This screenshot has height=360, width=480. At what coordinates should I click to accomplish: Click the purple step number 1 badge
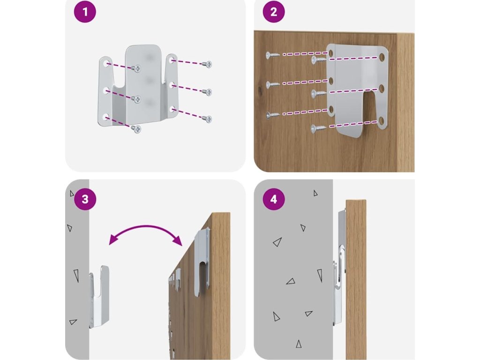coord(84,12)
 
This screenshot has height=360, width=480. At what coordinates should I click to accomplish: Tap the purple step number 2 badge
coord(274,12)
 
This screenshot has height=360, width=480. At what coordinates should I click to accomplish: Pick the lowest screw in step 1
coord(136,128)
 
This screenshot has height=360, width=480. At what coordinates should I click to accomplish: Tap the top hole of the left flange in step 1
coord(107,64)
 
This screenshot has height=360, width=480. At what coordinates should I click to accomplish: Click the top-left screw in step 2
coord(271,55)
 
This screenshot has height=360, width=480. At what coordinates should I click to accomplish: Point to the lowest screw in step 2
coord(317,127)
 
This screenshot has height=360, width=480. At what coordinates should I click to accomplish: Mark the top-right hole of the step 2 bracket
coord(382,57)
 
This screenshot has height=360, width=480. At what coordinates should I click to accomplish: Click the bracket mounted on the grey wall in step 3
coord(99,295)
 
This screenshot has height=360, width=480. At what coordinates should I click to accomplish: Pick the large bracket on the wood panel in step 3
coord(202,260)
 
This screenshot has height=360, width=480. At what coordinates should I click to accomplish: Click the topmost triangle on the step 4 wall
coord(315,193)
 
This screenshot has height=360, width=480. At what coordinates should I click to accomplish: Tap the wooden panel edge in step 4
coord(356,277)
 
